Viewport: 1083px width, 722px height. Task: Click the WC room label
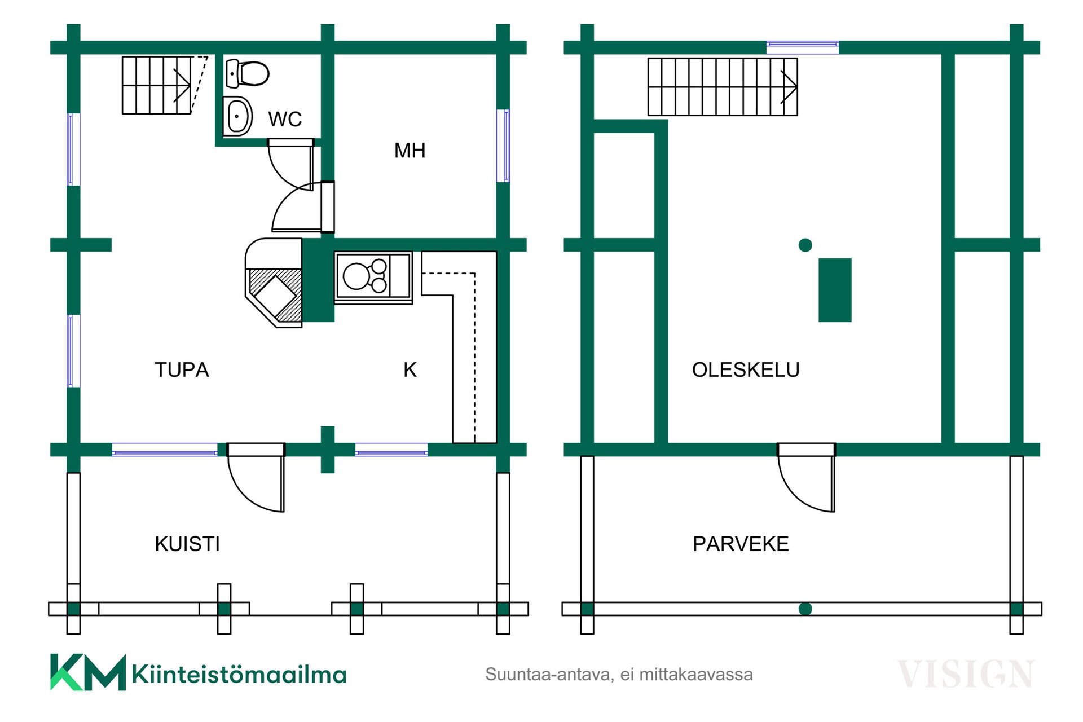click(285, 119)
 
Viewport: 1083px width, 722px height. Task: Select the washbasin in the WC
click(237, 116)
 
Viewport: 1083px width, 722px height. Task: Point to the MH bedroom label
click(410, 151)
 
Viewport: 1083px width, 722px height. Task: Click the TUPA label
click(182, 370)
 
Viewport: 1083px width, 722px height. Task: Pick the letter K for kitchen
click(410, 370)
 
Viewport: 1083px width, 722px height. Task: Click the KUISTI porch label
click(187, 544)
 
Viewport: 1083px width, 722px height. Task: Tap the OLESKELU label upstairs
click(746, 370)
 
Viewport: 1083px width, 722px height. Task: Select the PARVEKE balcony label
click(741, 544)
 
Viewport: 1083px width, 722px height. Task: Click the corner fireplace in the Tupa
click(274, 283)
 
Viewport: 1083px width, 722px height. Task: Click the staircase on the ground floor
click(164, 85)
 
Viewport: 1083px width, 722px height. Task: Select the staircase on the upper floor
click(723, 87)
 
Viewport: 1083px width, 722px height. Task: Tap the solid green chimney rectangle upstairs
click(835, 290)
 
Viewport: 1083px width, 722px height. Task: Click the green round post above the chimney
click(805, 245)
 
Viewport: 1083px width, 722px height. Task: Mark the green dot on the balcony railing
click(805, 609)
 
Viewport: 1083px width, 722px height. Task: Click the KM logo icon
click(88, 672)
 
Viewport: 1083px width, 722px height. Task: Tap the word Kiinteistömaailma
click(239, 675)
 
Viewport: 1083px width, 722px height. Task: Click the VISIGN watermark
click(965, 673)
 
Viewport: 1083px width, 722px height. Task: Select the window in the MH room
click(503, 146)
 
